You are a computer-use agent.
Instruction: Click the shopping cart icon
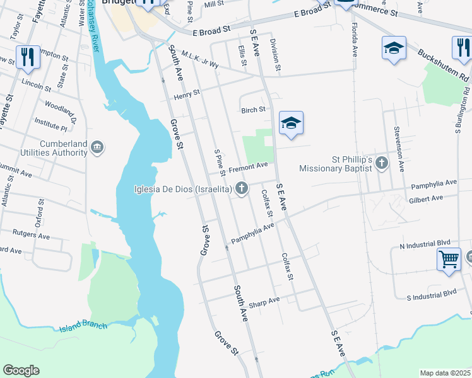click(x=448, y=258)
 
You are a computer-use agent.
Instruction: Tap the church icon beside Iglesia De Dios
click(x=241, y=188)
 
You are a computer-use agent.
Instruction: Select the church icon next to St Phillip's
click(x=381, y=163)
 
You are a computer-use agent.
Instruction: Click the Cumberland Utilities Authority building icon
click(x=97, y=148)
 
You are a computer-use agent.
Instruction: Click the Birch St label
click(x=253, y=110)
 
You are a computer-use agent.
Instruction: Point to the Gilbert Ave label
click(x=427, y=199)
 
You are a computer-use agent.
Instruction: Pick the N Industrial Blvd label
click(x=425, y=243)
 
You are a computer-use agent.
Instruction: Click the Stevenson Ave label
click(x=399, y=149)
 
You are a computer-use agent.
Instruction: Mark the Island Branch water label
click(x=84, y=327)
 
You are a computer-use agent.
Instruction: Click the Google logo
click(x=21, y=370)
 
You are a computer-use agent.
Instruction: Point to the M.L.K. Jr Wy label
click(x=199, y=60)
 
